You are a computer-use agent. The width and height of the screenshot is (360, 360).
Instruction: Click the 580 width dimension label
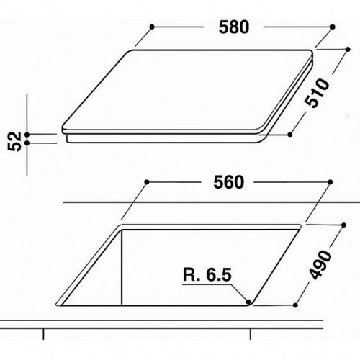click(234, 27)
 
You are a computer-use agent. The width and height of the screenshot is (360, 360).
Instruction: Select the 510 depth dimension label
click(317, 93)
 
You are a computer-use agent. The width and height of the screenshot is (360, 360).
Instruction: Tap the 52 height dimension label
click(15, 142)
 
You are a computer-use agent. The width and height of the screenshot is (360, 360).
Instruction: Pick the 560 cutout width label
click(228, 182)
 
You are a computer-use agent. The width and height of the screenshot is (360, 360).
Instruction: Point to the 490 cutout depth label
click(320, 265)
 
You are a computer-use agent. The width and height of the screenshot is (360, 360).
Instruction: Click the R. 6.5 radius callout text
click(207, 274)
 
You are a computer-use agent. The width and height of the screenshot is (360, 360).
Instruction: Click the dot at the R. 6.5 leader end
click(248, 302)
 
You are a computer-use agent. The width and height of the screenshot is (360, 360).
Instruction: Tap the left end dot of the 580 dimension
click(152, 27)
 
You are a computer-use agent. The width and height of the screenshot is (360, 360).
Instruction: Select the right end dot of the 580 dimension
click(333, 27)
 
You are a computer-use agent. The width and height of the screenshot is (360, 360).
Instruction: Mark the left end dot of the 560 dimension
click(147, 182)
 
